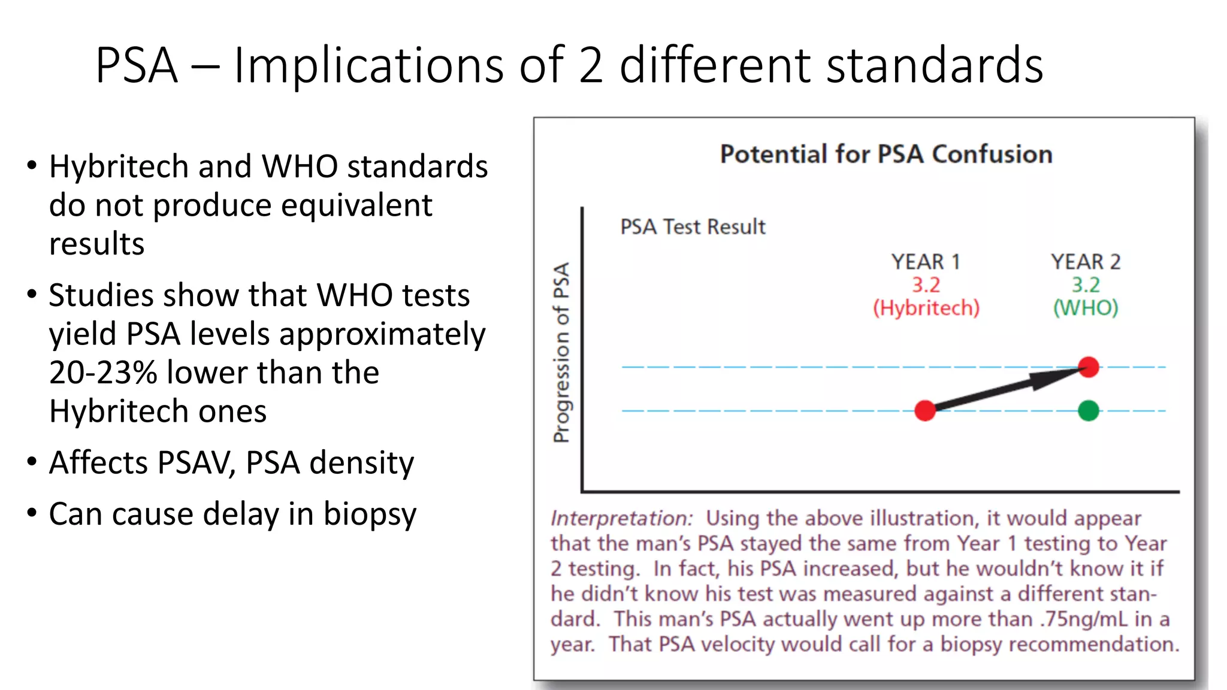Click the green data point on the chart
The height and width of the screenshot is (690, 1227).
[x=1088, y=411]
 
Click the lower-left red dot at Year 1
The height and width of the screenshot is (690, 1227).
[x=925, y=411]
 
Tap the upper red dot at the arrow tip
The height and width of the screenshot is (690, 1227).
[x=1089, y=367]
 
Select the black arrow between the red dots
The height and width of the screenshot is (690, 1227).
[x=1007, y=389]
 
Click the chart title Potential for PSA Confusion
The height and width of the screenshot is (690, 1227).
[x=886, y=154]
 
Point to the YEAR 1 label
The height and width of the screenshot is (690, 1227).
[x=925, y=262]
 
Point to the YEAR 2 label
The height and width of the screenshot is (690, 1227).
[x=1085, y=262]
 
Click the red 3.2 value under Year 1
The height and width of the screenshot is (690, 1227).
[x=926, y=285]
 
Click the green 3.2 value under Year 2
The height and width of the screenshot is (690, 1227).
[x=1086, y=285]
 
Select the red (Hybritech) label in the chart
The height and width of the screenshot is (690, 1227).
[x=926, y=308]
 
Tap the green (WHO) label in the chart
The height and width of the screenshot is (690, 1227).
[x=1086, y=308]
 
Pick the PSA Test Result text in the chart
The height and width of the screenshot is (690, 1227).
[x=693, y=227]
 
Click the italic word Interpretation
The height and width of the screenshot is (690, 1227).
[x=621, y=518]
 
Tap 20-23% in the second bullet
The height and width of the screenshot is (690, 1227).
[x=102, y=373]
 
